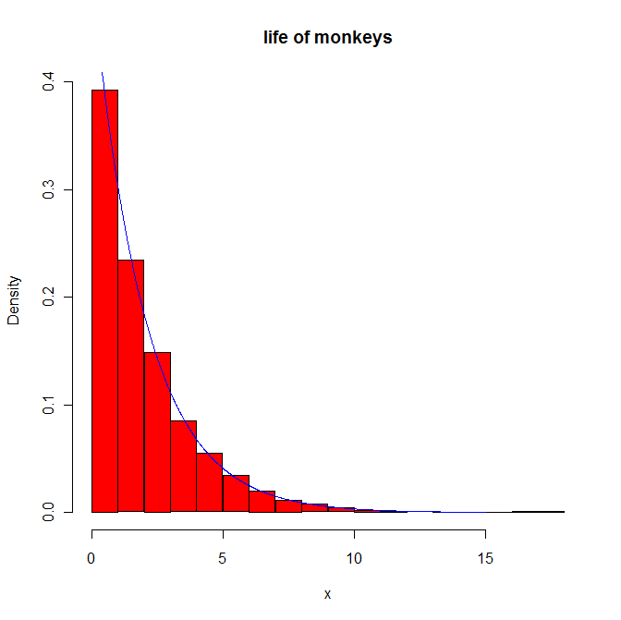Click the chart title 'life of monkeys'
(x=327, y=38)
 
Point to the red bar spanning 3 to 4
(x=183, y=466)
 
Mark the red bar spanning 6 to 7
(x=262, y=501)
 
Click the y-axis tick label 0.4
(x=47, y=83)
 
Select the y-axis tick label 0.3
(x=47, y=190)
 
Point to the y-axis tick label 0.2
(x=47, y=298)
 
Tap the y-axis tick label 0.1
(x=47, y=405)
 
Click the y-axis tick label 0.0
(x=47, y=512)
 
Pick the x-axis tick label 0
(x=91, y=558)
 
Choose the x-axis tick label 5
(x=223, y=558)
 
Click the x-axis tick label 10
(x=354, y=558)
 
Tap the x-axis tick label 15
(x=485, y=558)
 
